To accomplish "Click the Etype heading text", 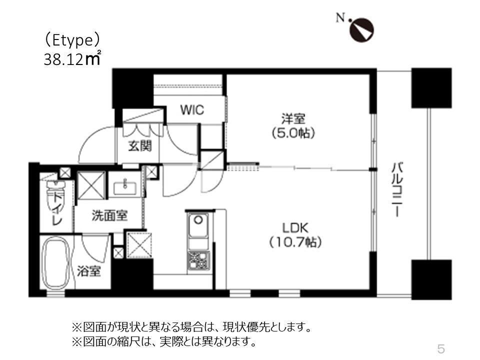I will [x=73, y=39].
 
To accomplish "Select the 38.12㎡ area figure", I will [x=73, y=59].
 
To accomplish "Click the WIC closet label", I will [x=192, y=110].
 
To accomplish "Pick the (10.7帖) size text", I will [x=295, y=242].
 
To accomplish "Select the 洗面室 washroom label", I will [x=109, y=215].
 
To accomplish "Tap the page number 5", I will [x=440, y=348].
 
